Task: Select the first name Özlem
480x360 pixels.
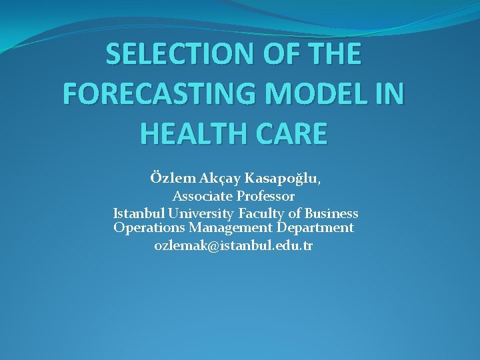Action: (173, 179)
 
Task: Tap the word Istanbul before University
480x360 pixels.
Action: (139, 213)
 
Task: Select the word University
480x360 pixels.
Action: (201, 213)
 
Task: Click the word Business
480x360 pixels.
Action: (331, 213)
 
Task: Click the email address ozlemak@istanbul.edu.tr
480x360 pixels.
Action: (233, 245)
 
